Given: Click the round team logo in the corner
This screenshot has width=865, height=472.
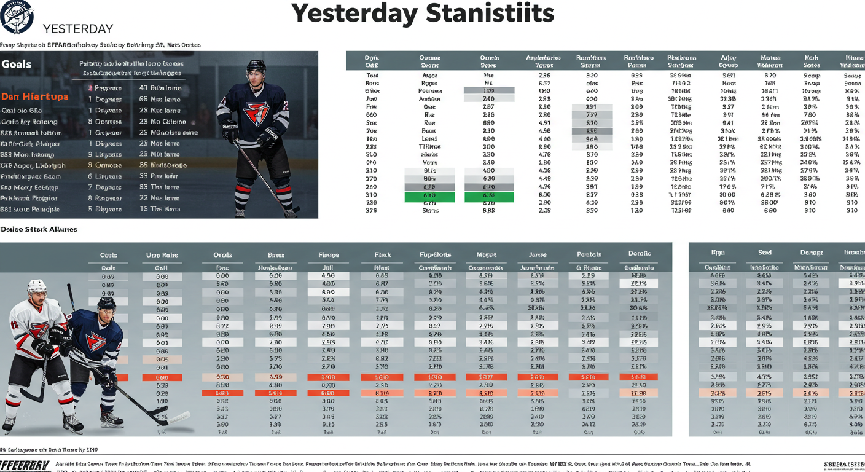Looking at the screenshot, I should tap(17, 17).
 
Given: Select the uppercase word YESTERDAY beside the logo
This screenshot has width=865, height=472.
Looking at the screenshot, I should tap(78, 29).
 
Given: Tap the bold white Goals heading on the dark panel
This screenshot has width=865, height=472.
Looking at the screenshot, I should tap(17, 65).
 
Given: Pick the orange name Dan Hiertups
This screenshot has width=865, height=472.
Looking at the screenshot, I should tap(35, 96).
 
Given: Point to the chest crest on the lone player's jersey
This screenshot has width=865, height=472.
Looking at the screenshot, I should tap(256, 114).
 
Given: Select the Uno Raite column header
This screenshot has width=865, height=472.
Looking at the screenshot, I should tap(162, 255).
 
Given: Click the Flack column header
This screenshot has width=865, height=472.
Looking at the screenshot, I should tap(383, 254).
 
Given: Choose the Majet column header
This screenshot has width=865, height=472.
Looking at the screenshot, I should tap(487, 254).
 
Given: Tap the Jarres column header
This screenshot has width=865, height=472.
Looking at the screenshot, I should tap(538, 254).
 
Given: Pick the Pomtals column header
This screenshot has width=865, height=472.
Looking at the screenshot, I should tap(589, 254).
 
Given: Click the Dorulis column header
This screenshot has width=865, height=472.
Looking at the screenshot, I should tap(640, 254).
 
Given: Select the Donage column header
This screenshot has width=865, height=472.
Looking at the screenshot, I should tap(811, 253).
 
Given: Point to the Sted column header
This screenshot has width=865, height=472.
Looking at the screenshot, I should tap(764, 253).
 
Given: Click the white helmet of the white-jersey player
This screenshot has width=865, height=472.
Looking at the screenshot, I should tap(37, 287).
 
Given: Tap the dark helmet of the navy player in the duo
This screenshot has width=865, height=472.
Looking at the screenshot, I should tap(106, 304).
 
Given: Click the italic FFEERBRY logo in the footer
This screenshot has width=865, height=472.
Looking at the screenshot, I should tap(25, 465).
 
